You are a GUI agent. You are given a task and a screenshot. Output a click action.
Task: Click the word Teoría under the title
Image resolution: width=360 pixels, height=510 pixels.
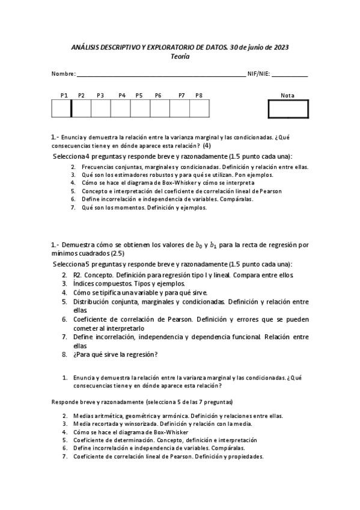180,56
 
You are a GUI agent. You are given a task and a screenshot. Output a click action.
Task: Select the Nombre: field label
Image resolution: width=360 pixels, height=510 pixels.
64,75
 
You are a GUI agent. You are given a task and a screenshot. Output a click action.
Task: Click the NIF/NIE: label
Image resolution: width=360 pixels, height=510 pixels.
258,75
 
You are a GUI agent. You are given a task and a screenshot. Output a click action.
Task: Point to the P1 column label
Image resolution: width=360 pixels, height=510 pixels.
64,96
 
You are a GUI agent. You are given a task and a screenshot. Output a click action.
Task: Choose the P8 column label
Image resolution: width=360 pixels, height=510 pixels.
199,96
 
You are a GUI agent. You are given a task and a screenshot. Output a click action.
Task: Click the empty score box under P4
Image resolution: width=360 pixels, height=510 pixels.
120,109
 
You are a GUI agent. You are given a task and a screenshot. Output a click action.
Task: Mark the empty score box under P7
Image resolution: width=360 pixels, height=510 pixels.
179,109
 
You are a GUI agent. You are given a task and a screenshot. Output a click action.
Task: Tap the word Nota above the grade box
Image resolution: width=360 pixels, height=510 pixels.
287,96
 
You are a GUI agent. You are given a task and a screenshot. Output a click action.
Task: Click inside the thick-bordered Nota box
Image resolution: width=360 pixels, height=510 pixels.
288,109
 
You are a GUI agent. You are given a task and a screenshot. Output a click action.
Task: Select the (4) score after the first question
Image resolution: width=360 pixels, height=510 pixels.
207,146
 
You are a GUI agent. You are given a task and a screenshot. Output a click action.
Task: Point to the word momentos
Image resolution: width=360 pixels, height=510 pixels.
122,207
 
